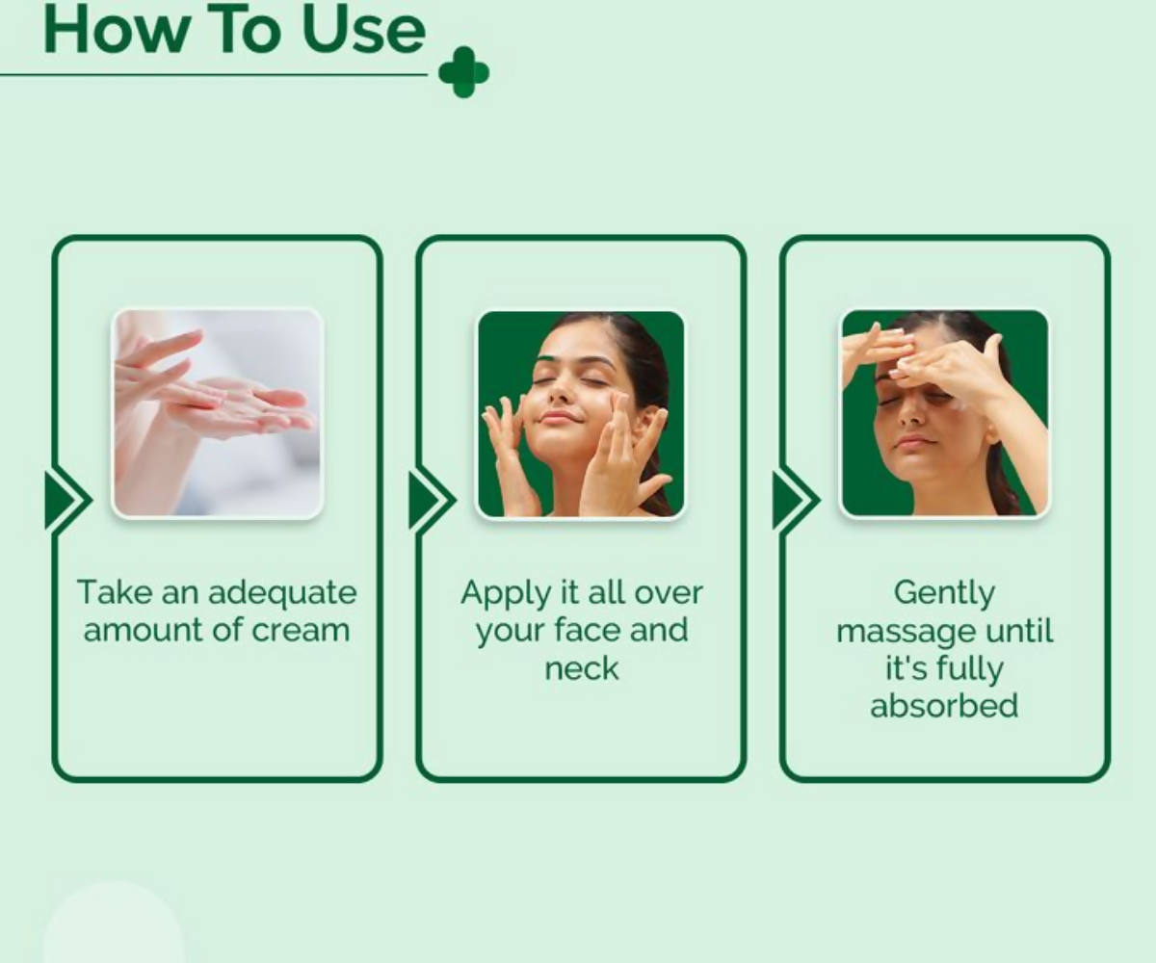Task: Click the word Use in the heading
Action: coord(363,31)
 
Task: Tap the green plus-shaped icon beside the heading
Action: coord(464,72)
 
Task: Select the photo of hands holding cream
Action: coord(218,413)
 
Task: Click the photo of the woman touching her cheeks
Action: coord(581,414)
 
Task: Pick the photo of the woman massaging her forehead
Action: coord(944,413)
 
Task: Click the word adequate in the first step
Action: coord(282,594)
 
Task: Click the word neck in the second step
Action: coord(581,668)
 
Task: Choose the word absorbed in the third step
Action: coord(944,705)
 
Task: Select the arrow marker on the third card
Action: coord(796,501)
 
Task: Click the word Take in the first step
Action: coord(116,593)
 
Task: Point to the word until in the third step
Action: coord(1018,631)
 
